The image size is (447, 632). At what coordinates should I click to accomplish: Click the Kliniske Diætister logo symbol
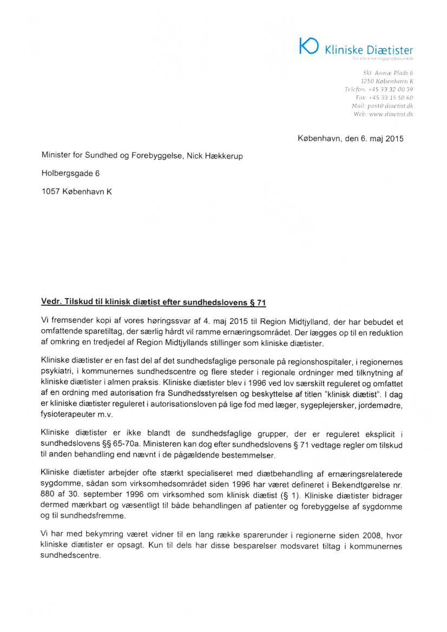[310, 46]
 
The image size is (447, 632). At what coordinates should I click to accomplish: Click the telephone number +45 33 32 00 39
[391, 88]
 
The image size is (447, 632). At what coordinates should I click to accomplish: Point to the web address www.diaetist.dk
[391, 114]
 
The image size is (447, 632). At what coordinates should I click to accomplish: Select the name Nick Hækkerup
[213, 156]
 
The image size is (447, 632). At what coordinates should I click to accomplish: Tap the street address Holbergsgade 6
[70, 173]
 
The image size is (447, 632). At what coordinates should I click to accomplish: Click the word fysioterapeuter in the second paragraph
[65, 416]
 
